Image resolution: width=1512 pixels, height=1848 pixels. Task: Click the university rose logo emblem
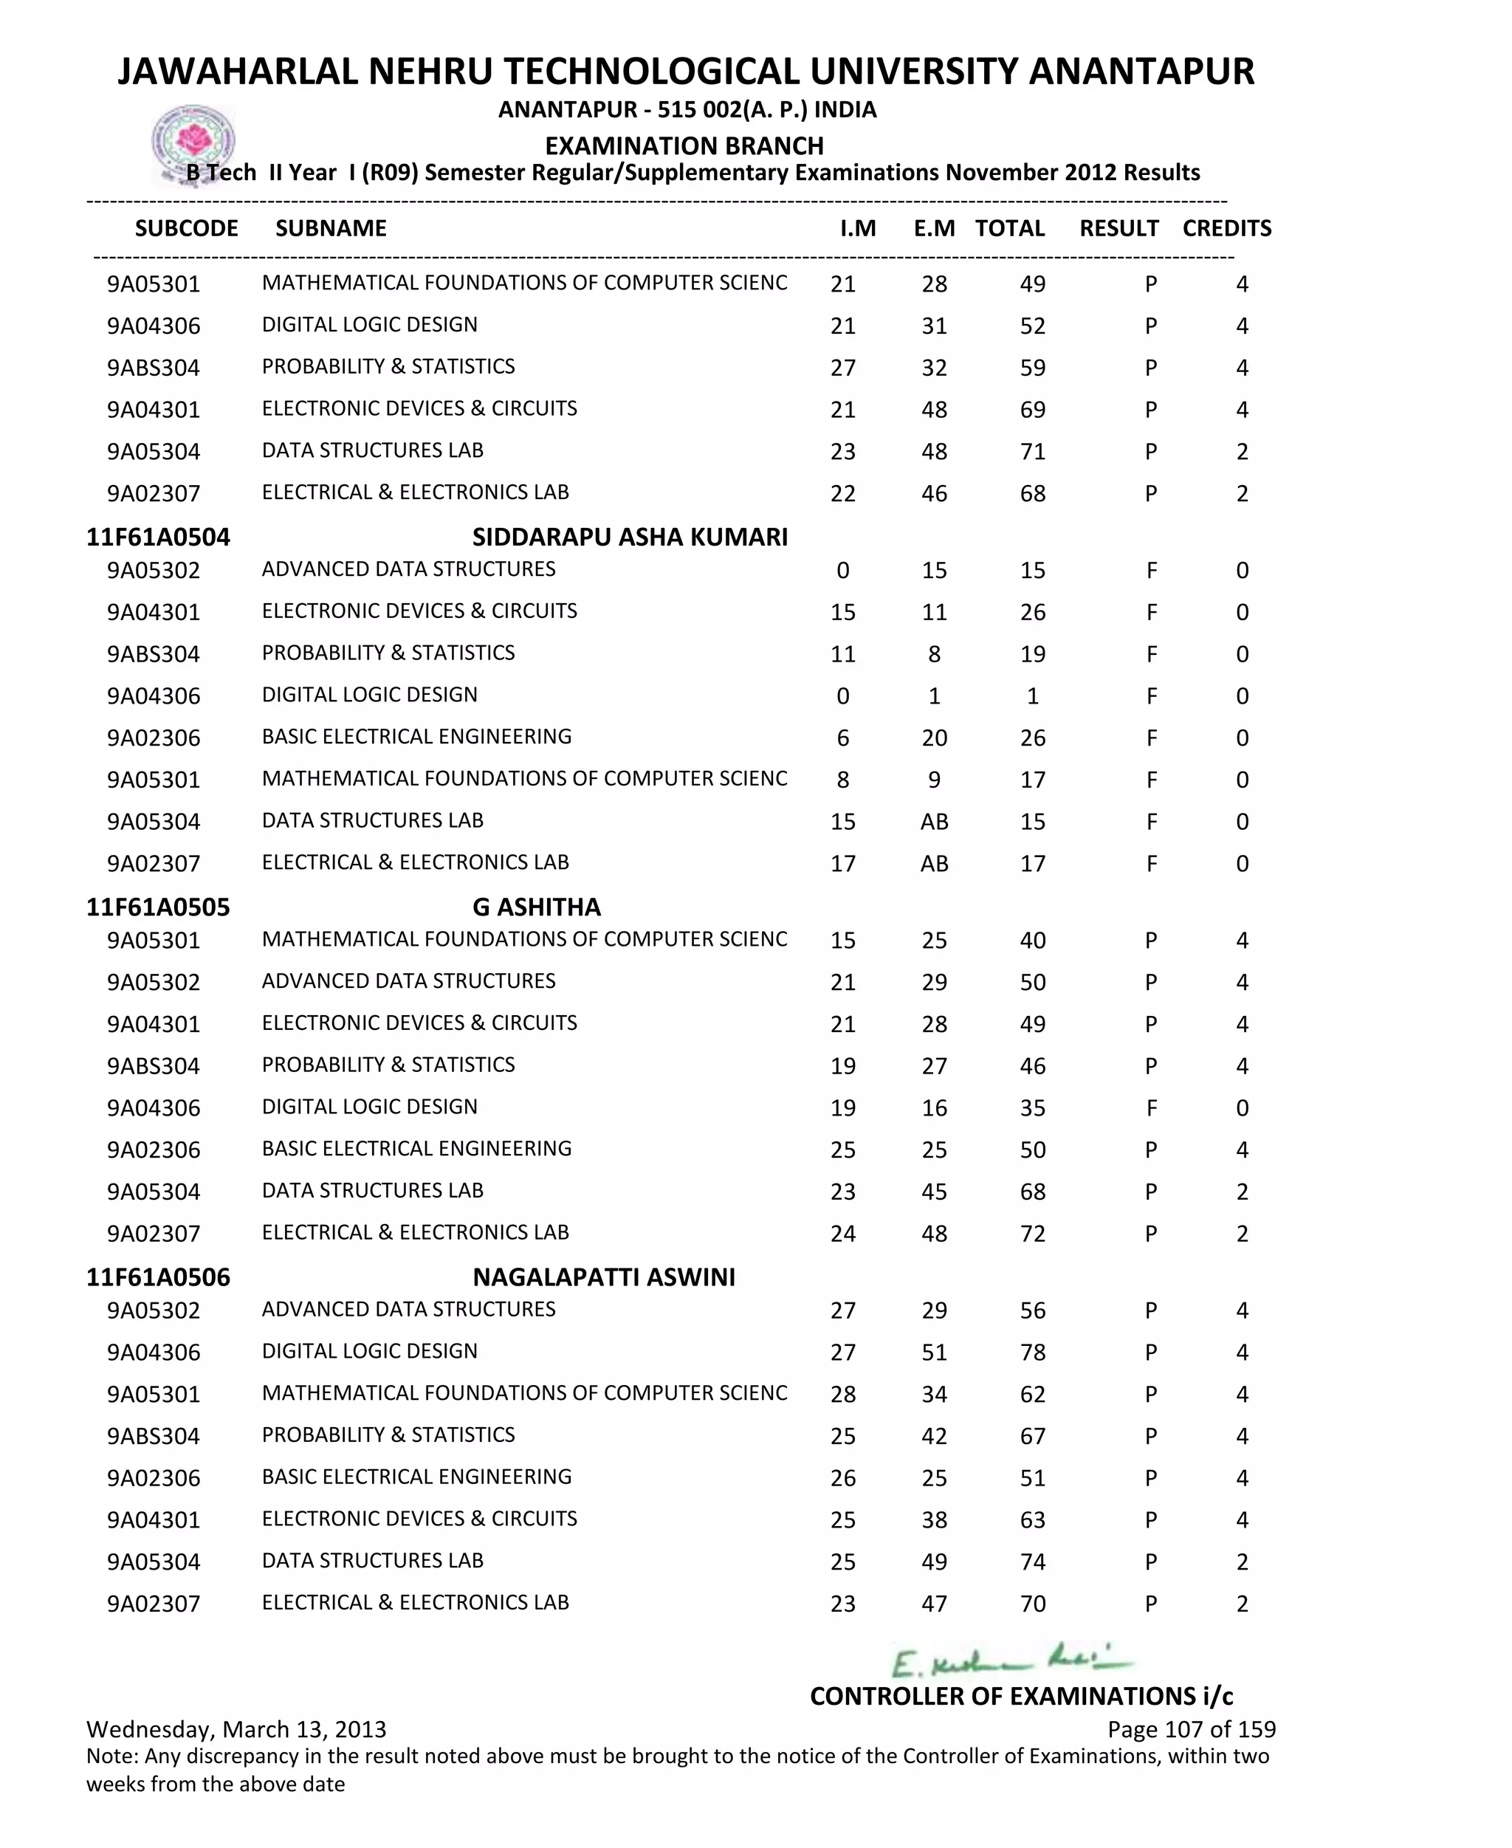click(x=193, y=142)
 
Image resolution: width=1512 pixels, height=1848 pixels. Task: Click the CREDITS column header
click(x=1226, y=228)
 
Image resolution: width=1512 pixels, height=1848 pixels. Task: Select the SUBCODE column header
click(x=186, y=228)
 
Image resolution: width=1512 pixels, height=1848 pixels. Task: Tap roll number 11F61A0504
click(x=158, y=537)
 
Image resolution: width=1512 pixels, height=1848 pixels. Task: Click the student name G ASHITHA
click(x=537, y=907)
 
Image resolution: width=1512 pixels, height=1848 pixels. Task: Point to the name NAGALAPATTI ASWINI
click(x=604, y=1277)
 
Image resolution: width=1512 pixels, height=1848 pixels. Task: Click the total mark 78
click(x=1032, y=1353)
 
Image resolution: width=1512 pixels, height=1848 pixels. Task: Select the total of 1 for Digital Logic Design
click(x=1032, y=695)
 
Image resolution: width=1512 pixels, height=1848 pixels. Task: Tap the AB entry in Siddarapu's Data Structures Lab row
click(x=934, y=821)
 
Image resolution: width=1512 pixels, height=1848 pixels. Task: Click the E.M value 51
click(x=934, y=1353)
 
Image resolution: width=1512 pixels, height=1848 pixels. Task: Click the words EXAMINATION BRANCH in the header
click(x=684, y=145)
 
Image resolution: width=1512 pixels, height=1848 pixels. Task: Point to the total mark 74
click(x=1032, y=1562)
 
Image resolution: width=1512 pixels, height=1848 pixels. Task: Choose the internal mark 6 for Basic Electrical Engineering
click(x=842, y=738)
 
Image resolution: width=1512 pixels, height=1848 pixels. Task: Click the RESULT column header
click(x=1118, y=228)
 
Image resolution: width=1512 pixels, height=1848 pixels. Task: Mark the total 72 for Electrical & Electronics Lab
click(x=1032, y=1233)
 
